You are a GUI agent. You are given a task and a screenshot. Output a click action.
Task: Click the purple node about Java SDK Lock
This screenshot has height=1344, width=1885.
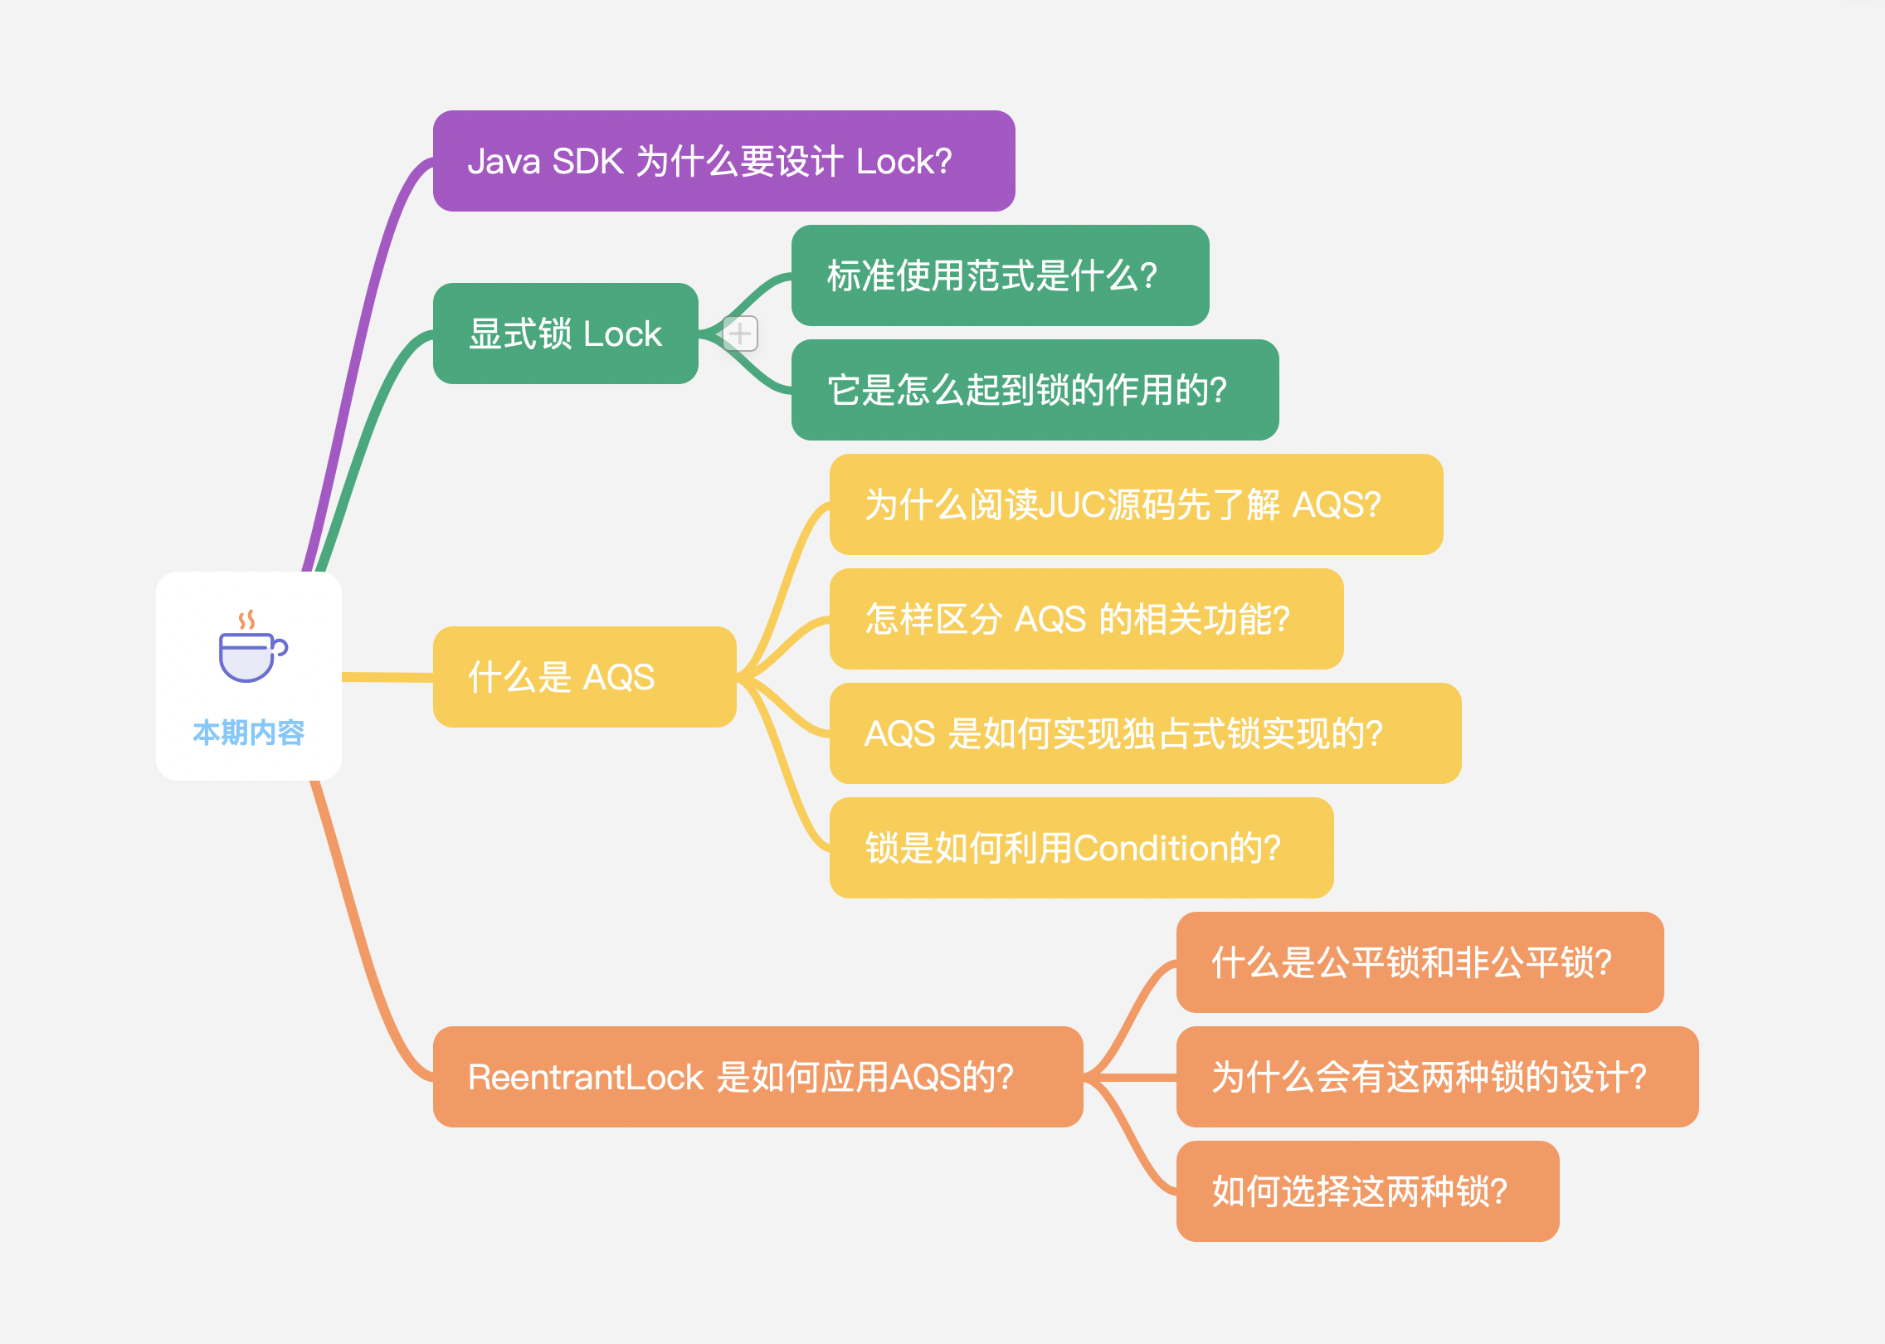[723, 161]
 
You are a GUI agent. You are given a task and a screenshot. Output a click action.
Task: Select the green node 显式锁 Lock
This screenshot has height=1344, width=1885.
[565, 334]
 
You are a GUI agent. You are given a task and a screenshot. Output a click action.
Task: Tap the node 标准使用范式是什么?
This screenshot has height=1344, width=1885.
[1000, 275]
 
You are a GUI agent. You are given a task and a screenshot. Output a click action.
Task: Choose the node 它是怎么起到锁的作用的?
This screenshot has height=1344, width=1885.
[1035, 390]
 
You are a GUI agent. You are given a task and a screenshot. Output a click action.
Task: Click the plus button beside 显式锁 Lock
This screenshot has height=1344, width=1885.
[740, 334]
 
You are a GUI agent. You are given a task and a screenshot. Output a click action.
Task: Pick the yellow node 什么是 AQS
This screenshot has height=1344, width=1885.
[584, 677]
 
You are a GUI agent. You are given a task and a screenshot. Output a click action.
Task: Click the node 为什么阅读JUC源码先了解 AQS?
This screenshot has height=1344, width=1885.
[1136, 504]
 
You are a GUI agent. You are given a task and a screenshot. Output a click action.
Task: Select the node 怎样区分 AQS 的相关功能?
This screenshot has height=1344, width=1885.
[1086, 619]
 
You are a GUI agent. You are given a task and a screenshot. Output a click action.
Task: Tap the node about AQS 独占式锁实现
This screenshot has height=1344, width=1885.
[1145, 733]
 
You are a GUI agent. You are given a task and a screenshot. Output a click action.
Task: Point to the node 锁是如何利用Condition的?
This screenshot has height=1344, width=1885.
[1081, 848]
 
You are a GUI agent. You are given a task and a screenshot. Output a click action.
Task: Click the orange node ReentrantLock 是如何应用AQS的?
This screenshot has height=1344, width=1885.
[757, 1077]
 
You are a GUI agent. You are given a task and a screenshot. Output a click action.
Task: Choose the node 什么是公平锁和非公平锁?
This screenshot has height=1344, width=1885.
[1420, 962]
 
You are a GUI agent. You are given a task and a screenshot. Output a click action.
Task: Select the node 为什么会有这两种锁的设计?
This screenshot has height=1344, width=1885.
[1437, 1077]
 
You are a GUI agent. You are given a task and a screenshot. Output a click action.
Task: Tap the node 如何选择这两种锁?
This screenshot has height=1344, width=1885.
[1367, 1191]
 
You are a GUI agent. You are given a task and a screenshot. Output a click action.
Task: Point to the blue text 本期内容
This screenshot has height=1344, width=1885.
[249, 733]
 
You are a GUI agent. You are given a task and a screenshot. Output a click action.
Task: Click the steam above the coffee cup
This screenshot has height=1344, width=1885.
[246, 620]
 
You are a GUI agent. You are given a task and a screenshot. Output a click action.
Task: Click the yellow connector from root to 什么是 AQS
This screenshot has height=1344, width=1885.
[387, 677]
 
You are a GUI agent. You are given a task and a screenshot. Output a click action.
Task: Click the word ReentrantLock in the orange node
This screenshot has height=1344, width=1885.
[585, 1077]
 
